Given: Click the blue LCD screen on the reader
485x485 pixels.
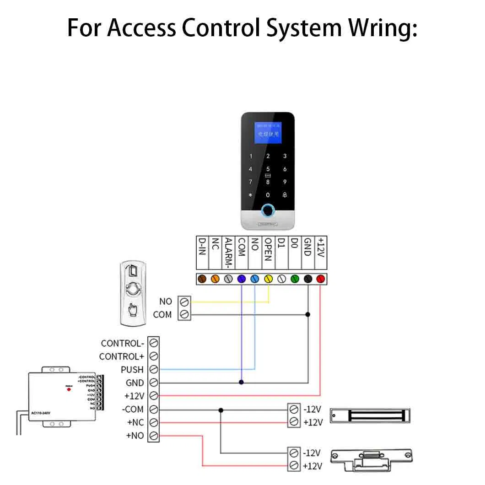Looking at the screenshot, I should click(268, 133).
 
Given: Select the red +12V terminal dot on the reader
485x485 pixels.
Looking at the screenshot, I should click(320, 278).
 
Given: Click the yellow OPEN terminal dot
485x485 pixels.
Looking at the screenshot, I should click(268, 278).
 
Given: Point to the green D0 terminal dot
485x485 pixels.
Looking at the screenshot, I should click(295, 278).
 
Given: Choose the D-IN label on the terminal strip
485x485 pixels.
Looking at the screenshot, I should click(202, 247).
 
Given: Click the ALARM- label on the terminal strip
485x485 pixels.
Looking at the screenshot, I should click(228, 252).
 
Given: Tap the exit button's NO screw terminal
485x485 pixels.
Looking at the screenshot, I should click(185, 302).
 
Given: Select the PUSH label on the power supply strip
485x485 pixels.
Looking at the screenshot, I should click(132, 369).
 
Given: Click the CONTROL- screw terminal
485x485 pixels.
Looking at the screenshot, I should click(154, 343).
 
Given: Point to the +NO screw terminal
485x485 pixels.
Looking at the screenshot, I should click(154, 436).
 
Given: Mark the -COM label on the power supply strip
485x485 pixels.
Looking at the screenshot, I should click(133, 409).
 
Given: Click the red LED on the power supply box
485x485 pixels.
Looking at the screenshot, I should click(69, 389).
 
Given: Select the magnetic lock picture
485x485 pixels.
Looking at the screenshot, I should click(370, 416).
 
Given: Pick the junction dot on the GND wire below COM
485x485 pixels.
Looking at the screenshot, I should click(242, 382).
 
